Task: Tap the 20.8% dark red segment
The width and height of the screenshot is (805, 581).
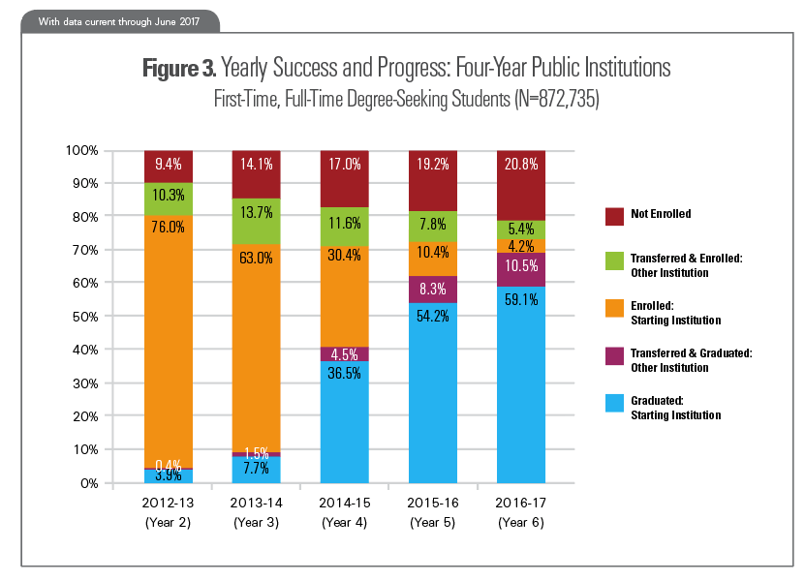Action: click(x=521, y=185)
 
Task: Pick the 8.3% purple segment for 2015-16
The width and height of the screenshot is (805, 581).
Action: click(x=433, y=289)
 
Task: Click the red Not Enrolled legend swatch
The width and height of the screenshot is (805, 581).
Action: click(x=612, y=213)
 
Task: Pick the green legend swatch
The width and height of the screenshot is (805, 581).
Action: click(x=612, y=263)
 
